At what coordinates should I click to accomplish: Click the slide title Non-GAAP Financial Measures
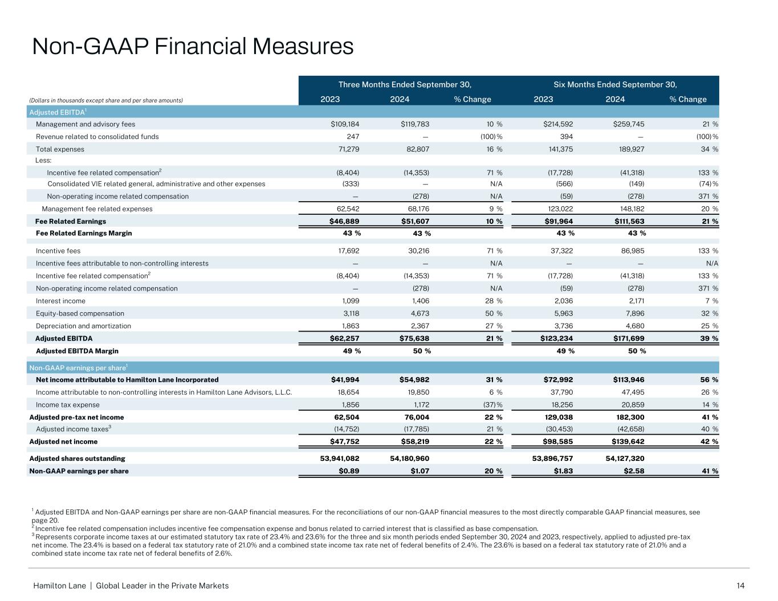(193, 46)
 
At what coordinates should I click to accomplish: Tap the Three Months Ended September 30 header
(405, 85)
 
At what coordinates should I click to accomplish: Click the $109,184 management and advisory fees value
(341, 124)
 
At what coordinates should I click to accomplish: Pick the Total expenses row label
(60, 149)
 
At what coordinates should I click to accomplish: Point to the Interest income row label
(60, 301)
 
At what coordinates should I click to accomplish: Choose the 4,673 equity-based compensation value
(417, 313)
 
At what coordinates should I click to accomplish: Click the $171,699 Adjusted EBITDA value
(626, 338)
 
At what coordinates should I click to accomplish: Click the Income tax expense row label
(67, 404)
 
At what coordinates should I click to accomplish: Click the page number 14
(740, 586)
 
